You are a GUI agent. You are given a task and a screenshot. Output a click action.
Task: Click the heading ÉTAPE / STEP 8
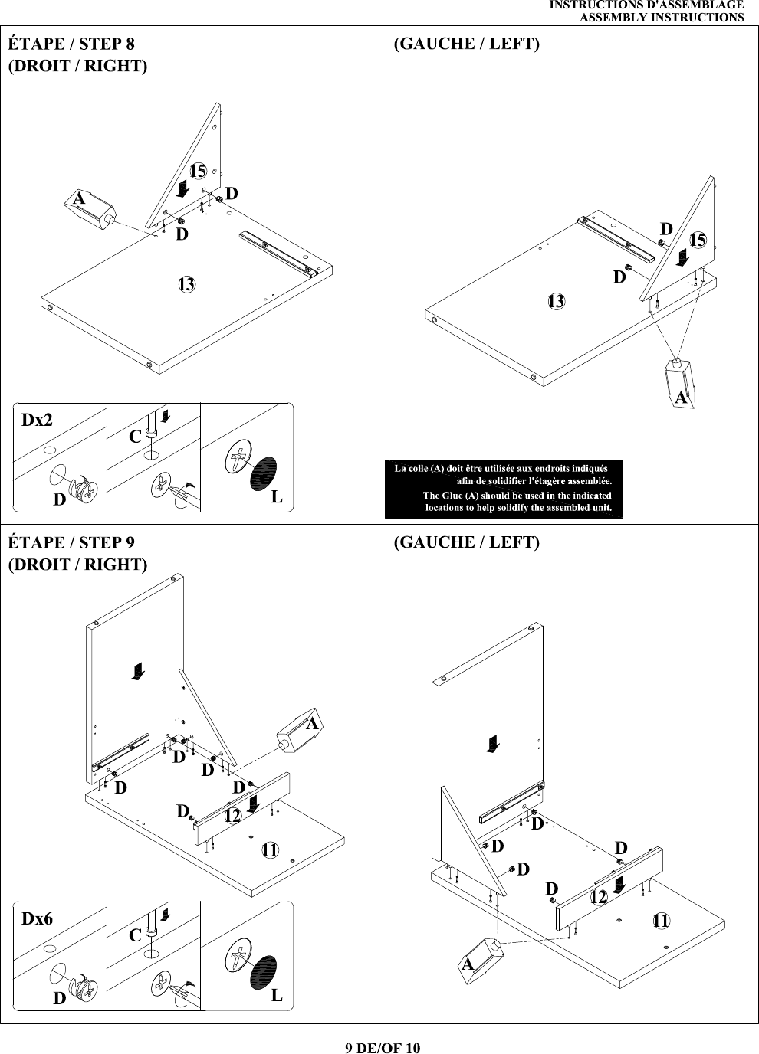pyautogui.click(x=71, y=44)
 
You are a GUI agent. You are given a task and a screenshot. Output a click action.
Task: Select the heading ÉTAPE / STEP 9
pyautogui.click(x=71, y=542)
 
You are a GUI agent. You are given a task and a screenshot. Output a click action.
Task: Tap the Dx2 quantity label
pyautogui.click(x=37, y=420)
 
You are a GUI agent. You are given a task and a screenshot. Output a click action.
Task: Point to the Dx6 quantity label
pyautogui.click(x=37, y=918)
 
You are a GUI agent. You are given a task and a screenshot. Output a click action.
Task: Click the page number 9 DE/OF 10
pyautogui.click(x=383, y=1047)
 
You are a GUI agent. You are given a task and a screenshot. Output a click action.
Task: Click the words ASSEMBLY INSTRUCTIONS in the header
pyautogui.click(x=662, y=18)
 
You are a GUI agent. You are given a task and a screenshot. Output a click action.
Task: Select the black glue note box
pyautogui.click(x=504, y=489)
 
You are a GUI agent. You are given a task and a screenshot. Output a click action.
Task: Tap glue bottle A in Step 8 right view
pyautogui.click(x=90, y=210)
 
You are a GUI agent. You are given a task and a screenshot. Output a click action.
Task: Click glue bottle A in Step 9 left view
pyautogui.click(x=480, y=960)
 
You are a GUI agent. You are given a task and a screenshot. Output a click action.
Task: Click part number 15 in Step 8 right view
pyautogui.click(x=199, y=170)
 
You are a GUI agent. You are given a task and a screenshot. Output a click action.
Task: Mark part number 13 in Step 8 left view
pyautogui.click(x=556, y=301)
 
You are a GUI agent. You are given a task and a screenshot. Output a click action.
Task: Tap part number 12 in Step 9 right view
pyautogui.click(x=232, y=816)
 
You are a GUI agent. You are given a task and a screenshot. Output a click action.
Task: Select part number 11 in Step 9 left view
pyautogui.click(x=661, y=921)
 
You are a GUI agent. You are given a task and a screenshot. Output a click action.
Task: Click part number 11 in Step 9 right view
pyautogui.click(x=270, y=849)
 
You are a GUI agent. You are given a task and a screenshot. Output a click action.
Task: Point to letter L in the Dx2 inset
pyautogui.click(x=277, y=496)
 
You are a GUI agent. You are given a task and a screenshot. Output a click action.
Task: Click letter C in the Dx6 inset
pyautogui.click(x=135, y=935)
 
